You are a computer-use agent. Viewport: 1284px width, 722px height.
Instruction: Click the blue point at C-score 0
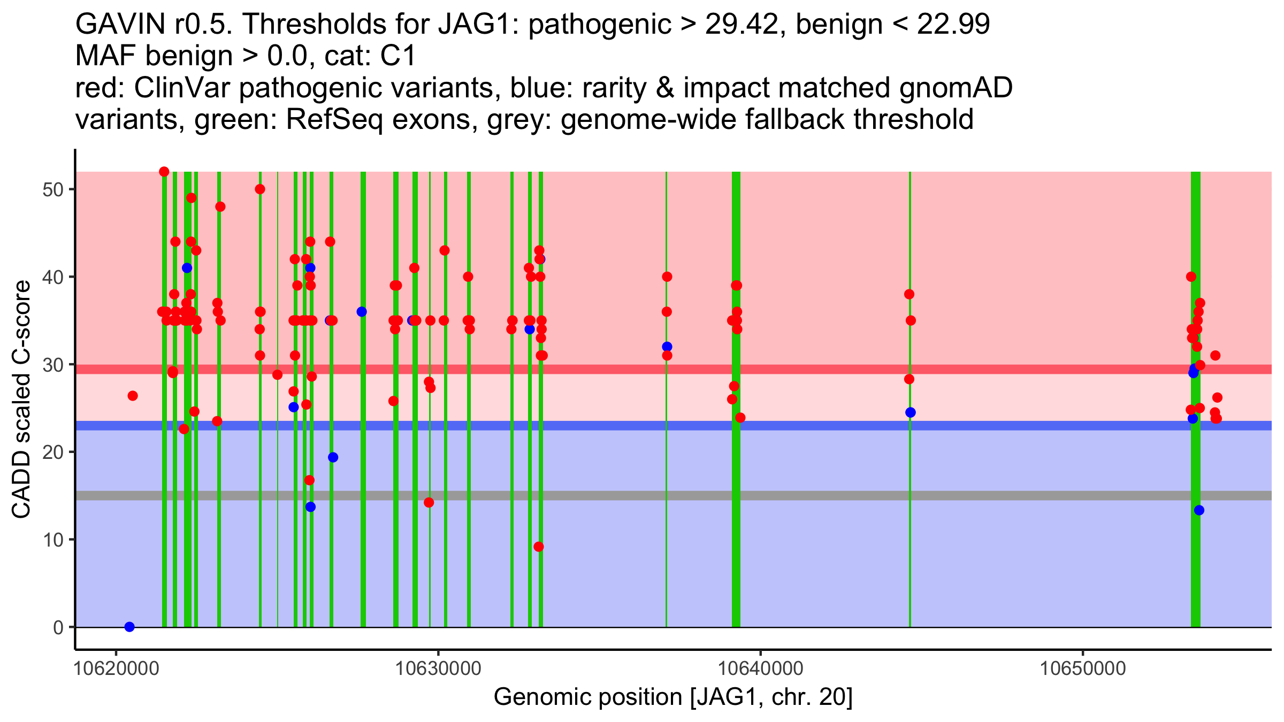[x=129, y=627]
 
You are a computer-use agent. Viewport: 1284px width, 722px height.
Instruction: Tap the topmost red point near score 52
[x=164, y=172]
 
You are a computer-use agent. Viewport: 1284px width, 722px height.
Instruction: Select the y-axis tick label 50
[x=52, y=190]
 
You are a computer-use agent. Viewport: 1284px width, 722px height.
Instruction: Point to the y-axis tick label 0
[x=58, y=627]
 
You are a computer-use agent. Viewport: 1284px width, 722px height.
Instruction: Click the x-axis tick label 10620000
[x=116, y=669]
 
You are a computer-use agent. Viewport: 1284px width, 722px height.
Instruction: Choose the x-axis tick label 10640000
[x=760, y=669]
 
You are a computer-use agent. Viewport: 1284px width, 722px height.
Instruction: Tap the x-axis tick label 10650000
[x=1083, y=669]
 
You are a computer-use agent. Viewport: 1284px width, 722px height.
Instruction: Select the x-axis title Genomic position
[x=672, y=697]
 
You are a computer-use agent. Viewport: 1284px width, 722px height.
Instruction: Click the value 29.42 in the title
[x=740, y=25]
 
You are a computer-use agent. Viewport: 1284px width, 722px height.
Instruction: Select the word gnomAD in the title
[x=956, y=88]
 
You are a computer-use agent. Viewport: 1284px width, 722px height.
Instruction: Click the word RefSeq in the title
[x=334, y=119]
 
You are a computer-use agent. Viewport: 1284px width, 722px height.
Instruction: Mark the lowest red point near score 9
[x=539, y=547]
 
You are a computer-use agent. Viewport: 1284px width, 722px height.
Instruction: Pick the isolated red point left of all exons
[x=133, y=396]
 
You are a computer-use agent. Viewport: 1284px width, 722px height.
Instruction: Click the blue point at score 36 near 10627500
[x=362, y=312]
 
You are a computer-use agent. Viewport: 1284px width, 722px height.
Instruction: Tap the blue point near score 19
[x=333, y=457]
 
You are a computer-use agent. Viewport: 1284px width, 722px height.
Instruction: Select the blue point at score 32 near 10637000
[x=667, y=347]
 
